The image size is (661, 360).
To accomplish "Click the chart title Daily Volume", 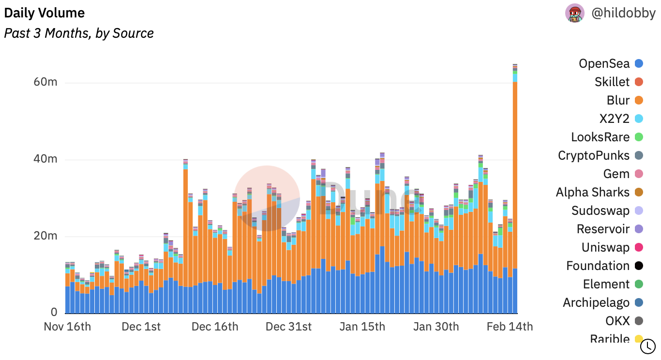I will click(x=45, y=13).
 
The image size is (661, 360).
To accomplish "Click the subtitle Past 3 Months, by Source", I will click(x=79, y=33).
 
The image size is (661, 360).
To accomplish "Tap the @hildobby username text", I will click(x=623, y=13).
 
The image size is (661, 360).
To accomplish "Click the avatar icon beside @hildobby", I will click(x=575, y=13).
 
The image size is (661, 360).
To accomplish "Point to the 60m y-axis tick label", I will click(x=45, y=82).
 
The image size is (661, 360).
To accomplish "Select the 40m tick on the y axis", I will click(x=45, y=159).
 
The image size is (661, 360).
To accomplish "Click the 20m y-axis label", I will click(x=45, y=236).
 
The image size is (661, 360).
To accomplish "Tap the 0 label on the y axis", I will click(x=54, y=313).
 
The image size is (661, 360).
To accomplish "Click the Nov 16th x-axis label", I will click(x=67, y=327).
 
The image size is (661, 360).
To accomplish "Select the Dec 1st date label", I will click(x=141, y=327).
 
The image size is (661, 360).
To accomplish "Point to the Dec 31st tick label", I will click(x=289, y=327).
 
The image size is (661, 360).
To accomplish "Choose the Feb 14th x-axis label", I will click(x=510, y=327).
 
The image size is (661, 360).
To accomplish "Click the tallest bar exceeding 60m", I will click(x=515, y=194).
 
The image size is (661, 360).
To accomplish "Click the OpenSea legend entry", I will click(x=604, y=63).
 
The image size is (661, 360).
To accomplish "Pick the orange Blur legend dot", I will click(x=639, y=100).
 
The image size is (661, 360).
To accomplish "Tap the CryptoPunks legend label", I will click(x=594, y=155).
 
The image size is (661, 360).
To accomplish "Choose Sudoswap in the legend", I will click(x=601, y=210).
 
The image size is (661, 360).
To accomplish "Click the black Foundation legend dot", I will click(x=639, y=266).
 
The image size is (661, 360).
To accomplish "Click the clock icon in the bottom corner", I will click(x=647, y=346).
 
